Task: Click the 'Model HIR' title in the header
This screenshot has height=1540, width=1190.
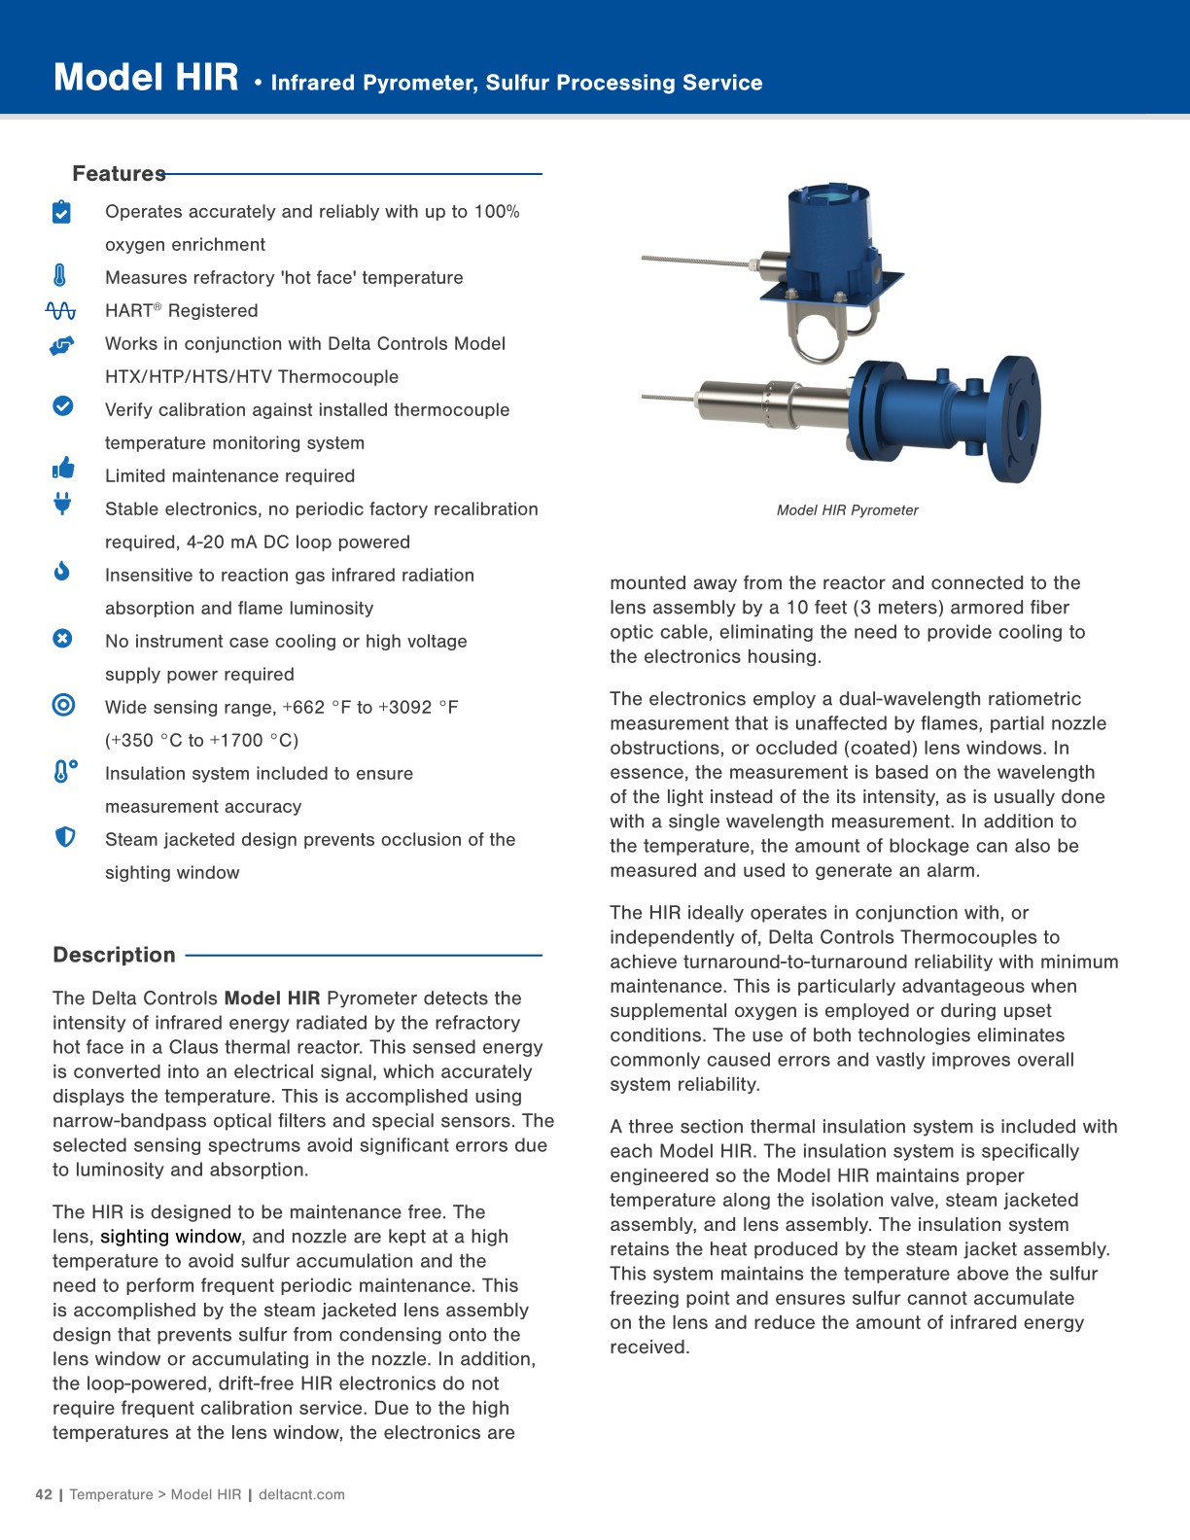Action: (146, 77)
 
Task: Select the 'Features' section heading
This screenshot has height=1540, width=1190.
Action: (119, 174)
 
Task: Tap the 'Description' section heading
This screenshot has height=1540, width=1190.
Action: (114, 955)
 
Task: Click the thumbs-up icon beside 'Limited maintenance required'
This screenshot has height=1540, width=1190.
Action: (63, 469)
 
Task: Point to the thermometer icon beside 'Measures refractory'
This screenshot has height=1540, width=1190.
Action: (60, 275)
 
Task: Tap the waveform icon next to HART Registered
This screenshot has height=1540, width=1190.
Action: (60, 310)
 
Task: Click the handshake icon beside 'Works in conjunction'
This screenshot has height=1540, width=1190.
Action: (61, 344)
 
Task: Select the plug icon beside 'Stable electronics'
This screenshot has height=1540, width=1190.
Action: (62, 503)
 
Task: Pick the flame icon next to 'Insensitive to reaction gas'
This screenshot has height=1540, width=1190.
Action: (62, 570)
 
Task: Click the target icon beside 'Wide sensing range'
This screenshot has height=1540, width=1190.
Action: (63, 705)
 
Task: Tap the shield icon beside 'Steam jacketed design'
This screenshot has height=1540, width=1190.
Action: (64, 836)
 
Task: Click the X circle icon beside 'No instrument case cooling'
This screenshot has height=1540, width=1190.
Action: (62, 639)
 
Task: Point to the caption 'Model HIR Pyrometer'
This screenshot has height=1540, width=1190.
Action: (847, 510)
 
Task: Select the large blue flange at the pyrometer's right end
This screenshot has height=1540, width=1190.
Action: (1013, 418)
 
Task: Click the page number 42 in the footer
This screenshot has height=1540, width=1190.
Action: (44, 1494)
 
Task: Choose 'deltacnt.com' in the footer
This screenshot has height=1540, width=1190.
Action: (301, 1494)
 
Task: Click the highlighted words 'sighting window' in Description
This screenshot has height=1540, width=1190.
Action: (170, 1237)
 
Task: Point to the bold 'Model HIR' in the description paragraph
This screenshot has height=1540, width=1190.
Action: (271, 998)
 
